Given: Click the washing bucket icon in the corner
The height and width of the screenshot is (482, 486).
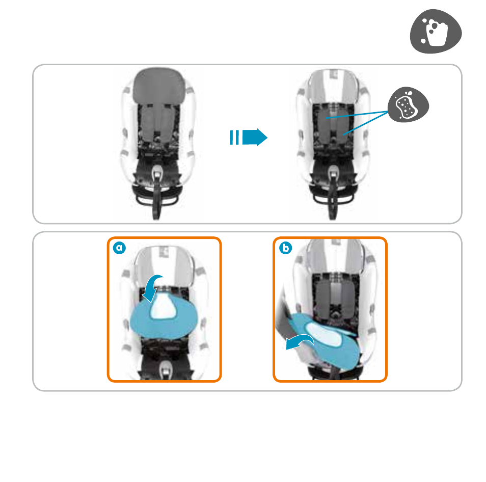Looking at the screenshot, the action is pos(436,31).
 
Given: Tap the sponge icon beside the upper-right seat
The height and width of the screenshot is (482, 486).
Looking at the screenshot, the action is pos(408,104).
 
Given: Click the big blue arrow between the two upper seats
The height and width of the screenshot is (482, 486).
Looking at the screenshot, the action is pos(255,137).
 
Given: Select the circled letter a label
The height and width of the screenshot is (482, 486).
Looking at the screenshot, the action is pos(119,248).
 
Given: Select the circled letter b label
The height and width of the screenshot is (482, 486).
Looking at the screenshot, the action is pos(285,248).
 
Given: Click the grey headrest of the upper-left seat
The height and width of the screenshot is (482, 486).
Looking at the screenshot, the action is pos(159,85).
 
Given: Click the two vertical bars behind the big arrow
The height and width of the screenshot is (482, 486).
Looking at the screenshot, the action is pos(234,137).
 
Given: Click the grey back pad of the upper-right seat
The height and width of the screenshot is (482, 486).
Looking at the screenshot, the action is pos(333,124).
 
